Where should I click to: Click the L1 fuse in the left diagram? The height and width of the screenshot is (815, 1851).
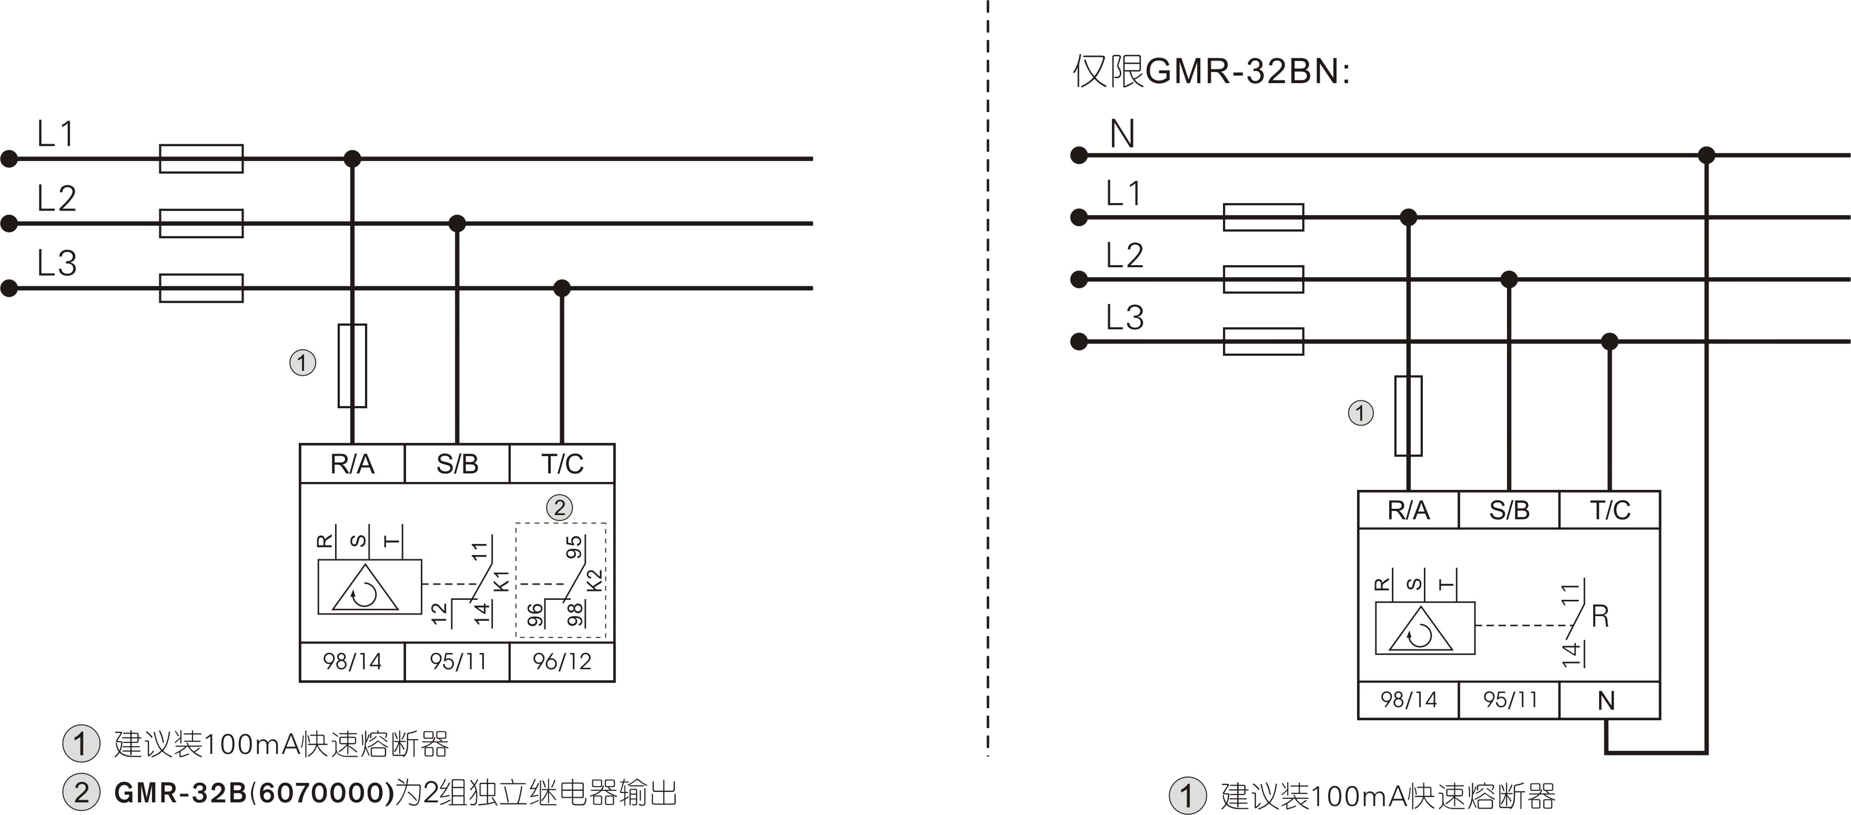(x=201, y=159)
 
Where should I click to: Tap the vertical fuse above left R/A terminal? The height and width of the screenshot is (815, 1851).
(x=352, y=366)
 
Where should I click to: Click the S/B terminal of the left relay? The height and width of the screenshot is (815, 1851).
(x=457, y=464)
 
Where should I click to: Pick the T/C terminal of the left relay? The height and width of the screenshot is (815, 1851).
(x=562, y=464)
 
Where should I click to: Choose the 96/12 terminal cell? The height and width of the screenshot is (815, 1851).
(x=562, y=662)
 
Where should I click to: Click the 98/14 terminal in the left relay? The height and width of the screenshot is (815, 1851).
(x=352, y=662)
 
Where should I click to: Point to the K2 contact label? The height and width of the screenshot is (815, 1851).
(x=594, y=580)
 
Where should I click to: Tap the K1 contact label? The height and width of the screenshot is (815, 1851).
(x=502, y=581)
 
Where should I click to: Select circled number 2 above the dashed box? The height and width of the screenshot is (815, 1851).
(x=560, y=507)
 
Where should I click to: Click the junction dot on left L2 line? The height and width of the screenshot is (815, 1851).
(x=457, y=224)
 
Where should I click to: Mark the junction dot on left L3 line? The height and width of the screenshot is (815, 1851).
(x=562, y=288)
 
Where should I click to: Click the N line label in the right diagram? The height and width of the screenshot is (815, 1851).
(x=1122, y=134)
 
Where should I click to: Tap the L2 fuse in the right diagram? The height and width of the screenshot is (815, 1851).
(x=1263, y=279)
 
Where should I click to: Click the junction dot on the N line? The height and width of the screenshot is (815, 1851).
(x=1706, y=155)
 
